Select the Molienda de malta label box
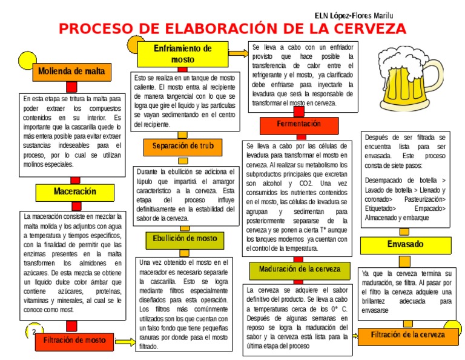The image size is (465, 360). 71,72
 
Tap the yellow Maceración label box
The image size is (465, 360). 75,192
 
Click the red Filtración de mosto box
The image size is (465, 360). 74,341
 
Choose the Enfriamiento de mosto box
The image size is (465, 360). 183,54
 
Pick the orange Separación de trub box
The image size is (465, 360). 183,147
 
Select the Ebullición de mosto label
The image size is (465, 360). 185,239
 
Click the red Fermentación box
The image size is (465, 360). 298,125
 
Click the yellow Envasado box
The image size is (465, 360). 406,245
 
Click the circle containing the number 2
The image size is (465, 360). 34,332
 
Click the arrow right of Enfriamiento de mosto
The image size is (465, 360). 239,53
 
